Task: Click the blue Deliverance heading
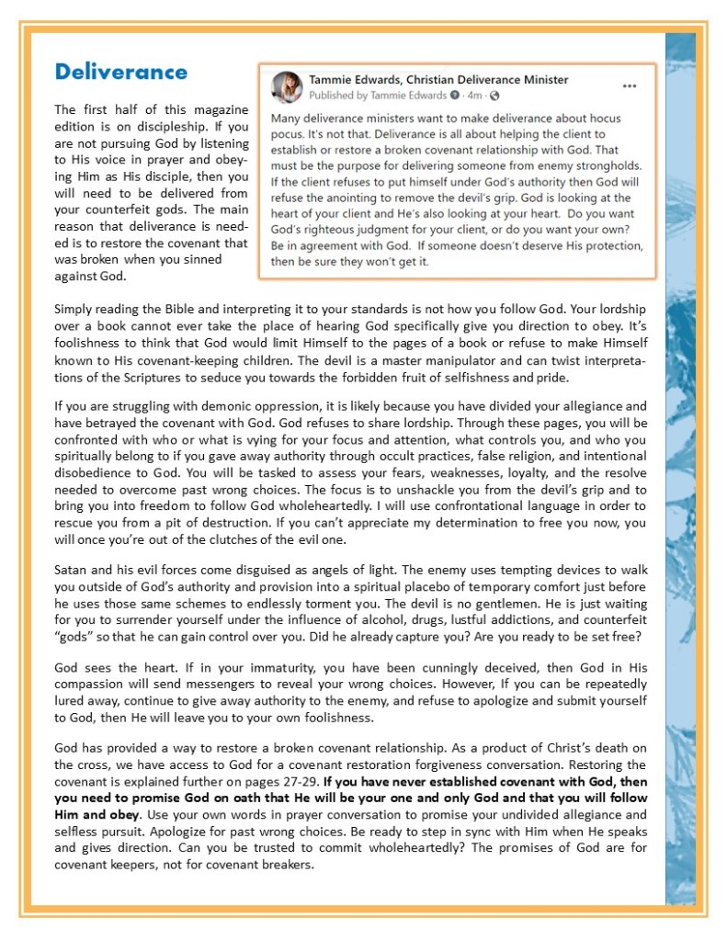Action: [x=121, y=72]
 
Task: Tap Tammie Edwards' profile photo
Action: [x=288, y=86]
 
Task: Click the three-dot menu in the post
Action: [x=630, y=86]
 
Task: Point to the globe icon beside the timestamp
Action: [x=495, y=96]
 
